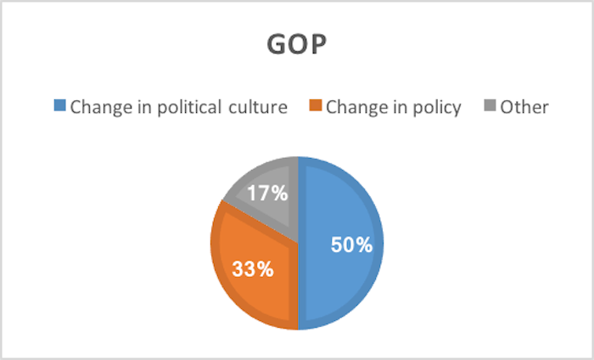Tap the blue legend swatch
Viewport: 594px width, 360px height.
(x=59, y=107)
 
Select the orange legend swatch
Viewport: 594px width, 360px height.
(x=315, y=107)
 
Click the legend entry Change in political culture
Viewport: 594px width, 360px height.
(x=179, y=107)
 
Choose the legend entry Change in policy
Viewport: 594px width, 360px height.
(x=393, y=107)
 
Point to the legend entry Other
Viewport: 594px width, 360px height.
(x=524, y=107)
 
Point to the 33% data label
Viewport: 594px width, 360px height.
(x=252, y=270)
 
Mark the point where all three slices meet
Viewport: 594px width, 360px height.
(x=297, y=243)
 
